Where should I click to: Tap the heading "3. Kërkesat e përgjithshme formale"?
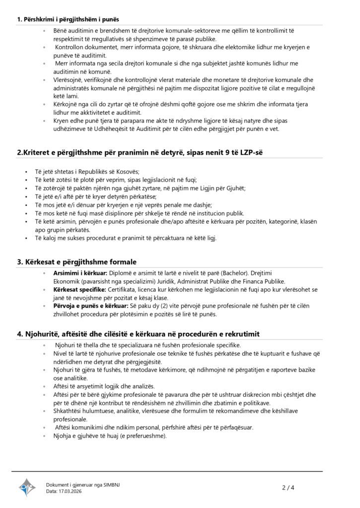pos(77,261)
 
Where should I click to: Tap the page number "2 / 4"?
pos(288,488)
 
